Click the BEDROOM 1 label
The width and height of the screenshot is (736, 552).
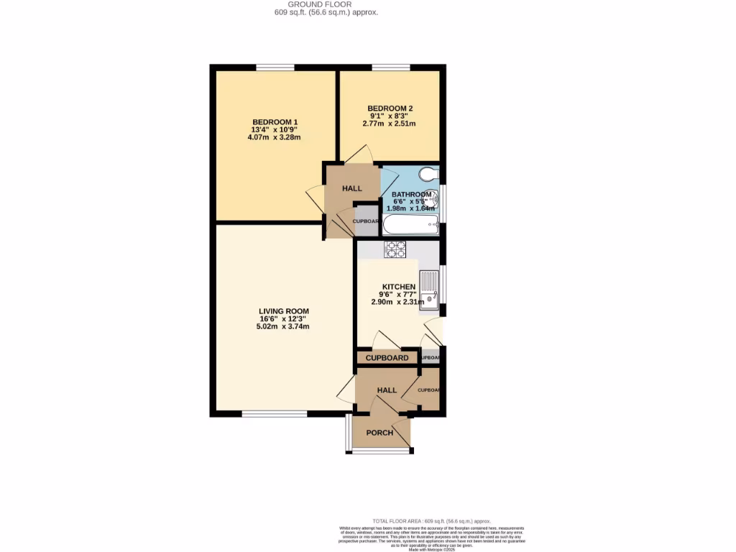click(275, 121)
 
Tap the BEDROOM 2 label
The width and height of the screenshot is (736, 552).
click(390, 109)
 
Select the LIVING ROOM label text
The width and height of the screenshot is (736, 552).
click(284, 311)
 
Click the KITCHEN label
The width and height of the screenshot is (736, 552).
click(398, 286)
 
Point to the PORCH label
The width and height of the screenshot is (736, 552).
click(379, 433)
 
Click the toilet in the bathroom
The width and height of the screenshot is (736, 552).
click(428, 174)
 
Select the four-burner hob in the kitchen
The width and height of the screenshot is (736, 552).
click(395, 249)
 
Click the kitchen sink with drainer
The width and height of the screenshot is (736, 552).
click(429, 289)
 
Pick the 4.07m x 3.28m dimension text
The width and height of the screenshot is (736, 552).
click(275, 137)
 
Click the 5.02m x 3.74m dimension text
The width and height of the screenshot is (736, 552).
click(283, 326)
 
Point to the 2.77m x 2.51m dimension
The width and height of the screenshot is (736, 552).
click(390, 124)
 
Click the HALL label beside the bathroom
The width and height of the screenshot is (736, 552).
click(352, 188)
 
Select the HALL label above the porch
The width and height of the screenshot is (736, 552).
click(387, 390)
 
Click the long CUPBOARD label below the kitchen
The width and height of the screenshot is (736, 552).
click(387, 358)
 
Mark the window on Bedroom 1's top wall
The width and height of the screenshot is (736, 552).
click(275, 68)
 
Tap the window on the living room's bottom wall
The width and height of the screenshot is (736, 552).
click(274, 413)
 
